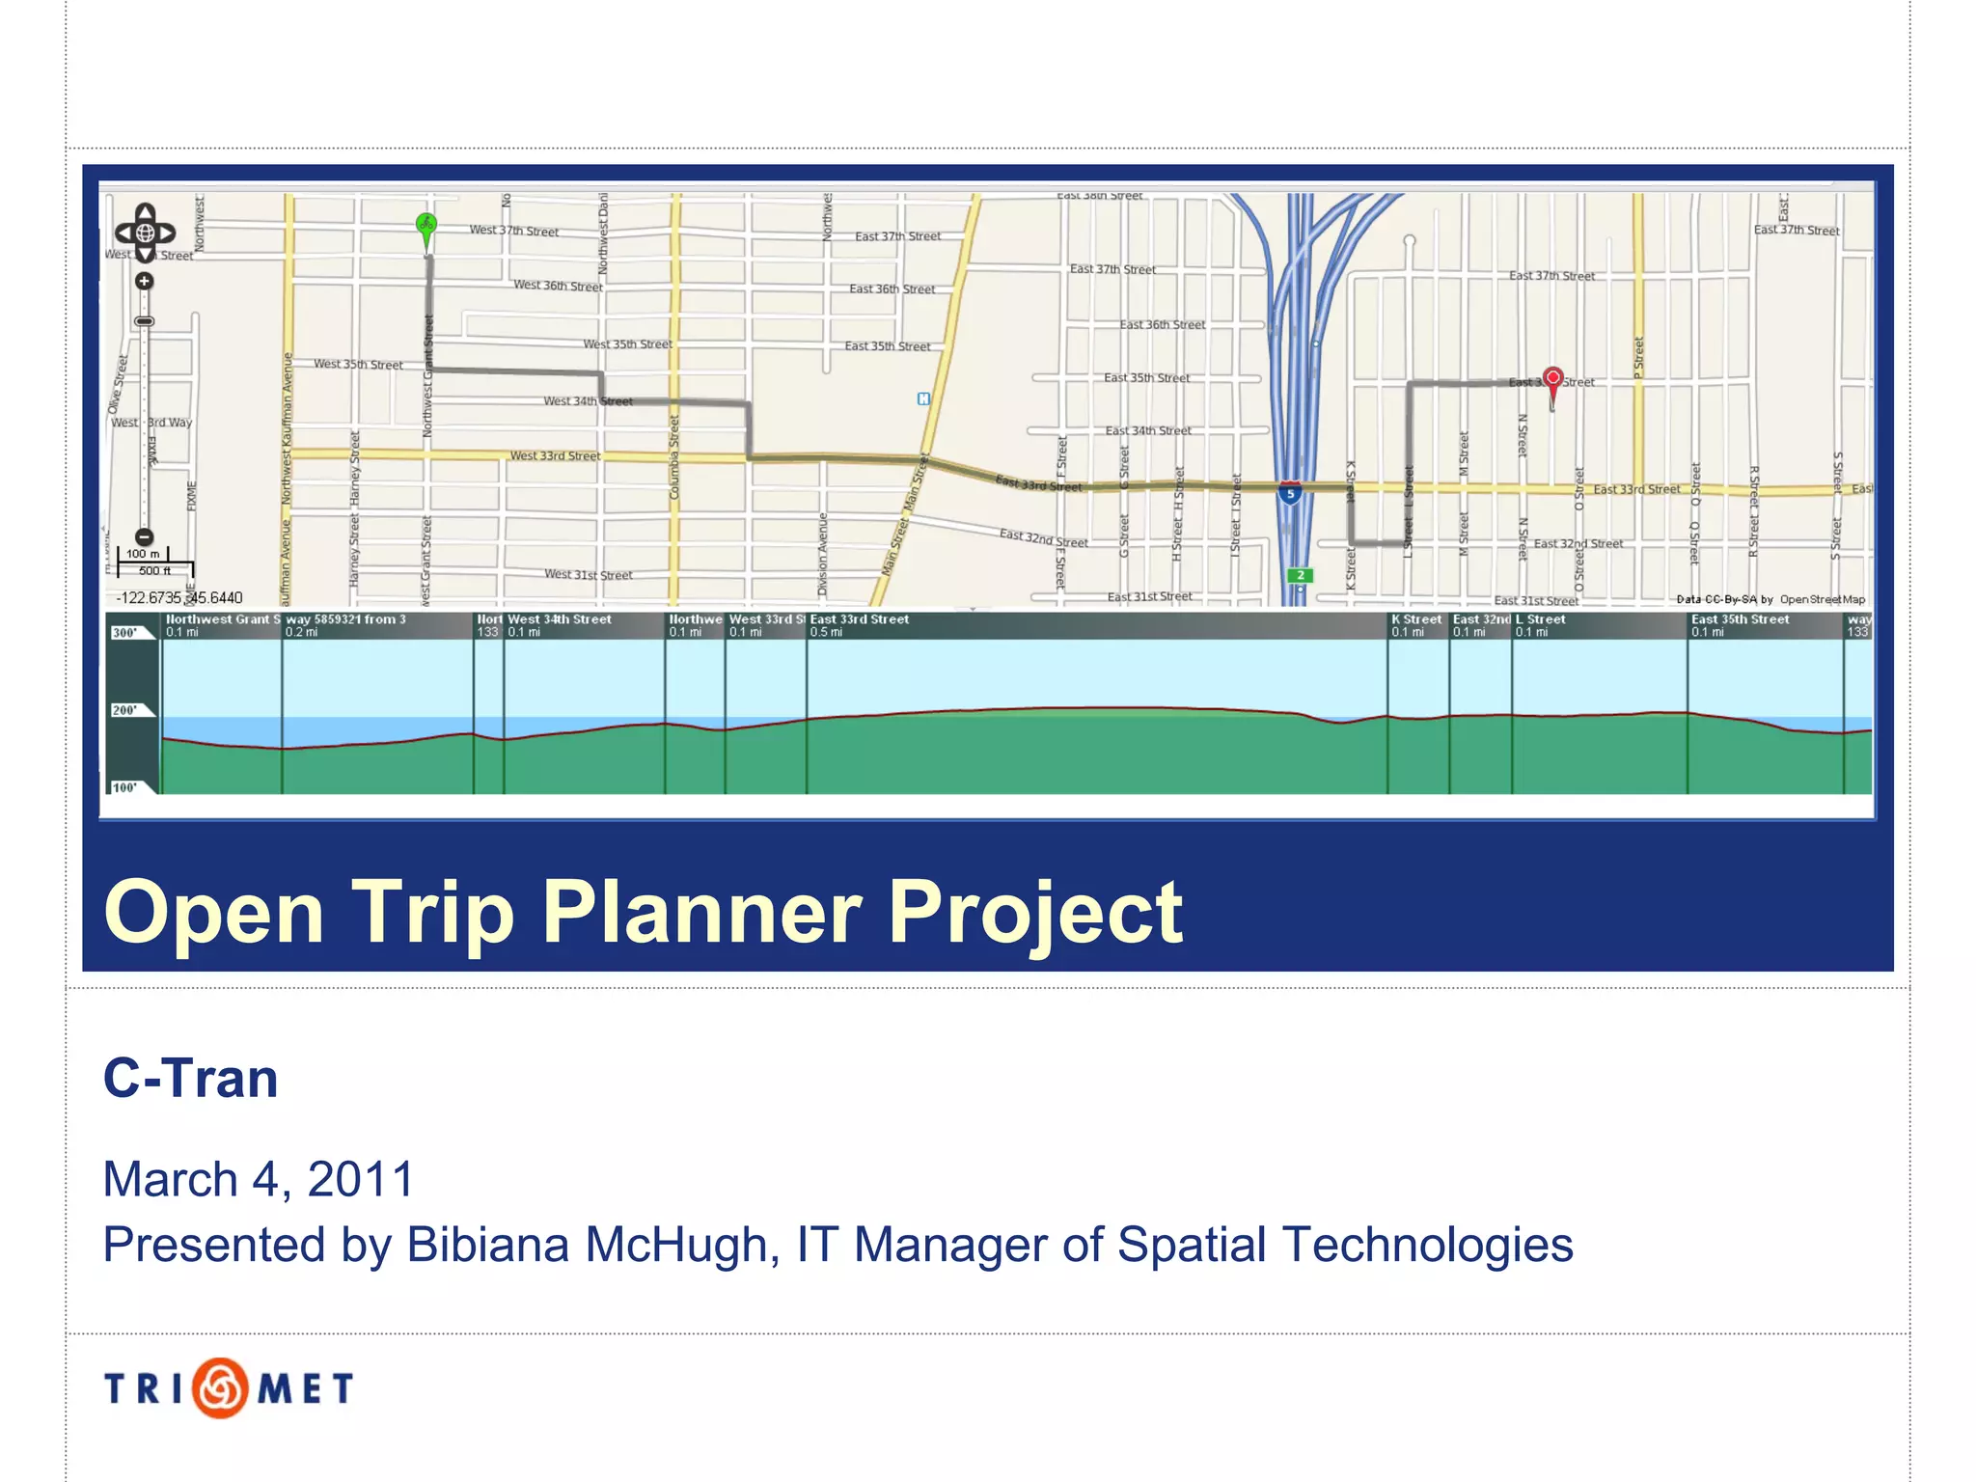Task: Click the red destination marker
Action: tap(1552, 379)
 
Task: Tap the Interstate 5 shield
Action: tap(1290, 493)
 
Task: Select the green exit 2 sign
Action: tap(1300, 575)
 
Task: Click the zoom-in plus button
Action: tap(144, 282)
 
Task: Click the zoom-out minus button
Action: tap(144, 537)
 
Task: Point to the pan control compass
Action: tap(145, 233)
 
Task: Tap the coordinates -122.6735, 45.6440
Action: tap(179, 598)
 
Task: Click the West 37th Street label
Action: tap(513, 231)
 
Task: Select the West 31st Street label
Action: tap(588, 574)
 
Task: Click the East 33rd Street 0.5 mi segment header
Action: tap(859, 624)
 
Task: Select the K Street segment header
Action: tap(1415, 624)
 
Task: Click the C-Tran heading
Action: tap(190, 1078)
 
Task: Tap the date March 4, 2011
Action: tap(258, 1178)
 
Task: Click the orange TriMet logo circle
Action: tap(220, 1387)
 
